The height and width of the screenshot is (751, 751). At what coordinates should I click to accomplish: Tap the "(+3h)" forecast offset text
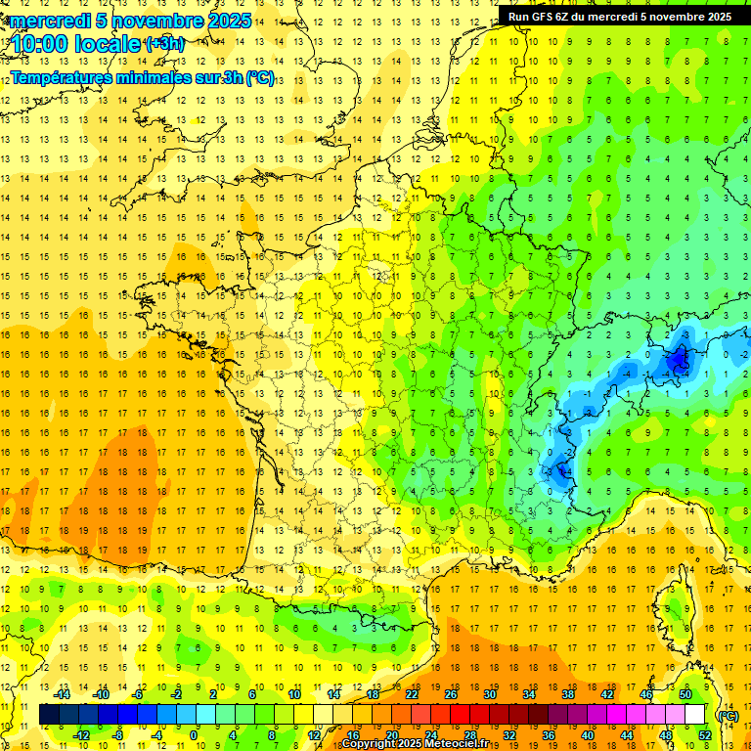click(163, 44)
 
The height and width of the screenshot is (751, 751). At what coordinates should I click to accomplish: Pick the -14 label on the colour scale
click(62, 694)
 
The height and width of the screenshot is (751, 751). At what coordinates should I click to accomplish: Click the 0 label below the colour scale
click(194, 735)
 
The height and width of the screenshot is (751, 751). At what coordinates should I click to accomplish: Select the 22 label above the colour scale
click(412, 694)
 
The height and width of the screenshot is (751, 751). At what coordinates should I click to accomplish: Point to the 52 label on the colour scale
click(704, 735)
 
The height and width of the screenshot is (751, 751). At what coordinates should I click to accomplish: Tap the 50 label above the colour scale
click(685, 694)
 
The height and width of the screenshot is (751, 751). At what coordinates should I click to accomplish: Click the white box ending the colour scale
click(695, 715)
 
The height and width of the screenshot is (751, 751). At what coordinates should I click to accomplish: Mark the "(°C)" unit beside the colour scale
click(729, 715)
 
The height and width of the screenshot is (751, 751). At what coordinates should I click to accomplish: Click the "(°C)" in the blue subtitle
click(260, 78)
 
